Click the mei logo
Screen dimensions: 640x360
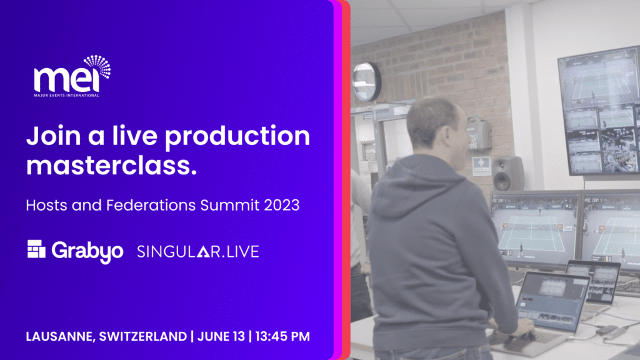coord(72,76)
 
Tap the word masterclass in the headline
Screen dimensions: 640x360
coord(111,165)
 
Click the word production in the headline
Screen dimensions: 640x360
coord(237,137)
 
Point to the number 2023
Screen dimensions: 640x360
coord(282,205)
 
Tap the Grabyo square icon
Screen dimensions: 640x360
coord(36,249)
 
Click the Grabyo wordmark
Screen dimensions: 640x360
coord(87,251)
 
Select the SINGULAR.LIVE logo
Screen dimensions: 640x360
coord(198,251)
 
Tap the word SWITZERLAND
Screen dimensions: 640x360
coord(143,336)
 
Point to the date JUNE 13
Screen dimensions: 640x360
coord(221,336)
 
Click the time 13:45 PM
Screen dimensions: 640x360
coord(282,336)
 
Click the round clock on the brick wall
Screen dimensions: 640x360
coord(366,82)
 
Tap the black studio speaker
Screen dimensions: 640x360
coord(507,173)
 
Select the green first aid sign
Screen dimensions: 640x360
coord(481,166)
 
